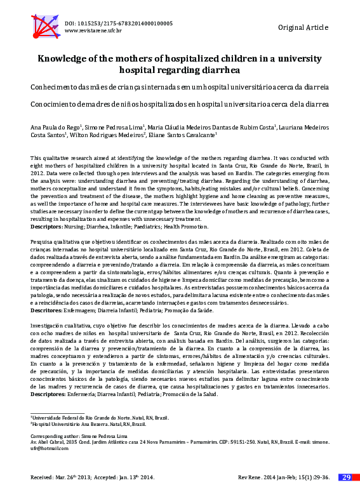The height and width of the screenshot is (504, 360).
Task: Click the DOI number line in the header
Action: click(118, 23)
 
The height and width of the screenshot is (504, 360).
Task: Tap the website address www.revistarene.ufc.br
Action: click(93, 30)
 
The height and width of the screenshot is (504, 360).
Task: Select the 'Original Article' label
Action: click(303, 27)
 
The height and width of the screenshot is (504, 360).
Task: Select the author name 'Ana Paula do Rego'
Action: click(55, 127)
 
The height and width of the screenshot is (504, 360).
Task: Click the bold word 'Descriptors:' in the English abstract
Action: click(47, 226)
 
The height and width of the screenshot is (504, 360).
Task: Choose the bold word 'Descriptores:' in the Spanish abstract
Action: click(48, 394)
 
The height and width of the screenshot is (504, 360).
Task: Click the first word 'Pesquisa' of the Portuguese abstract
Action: click(43, 243)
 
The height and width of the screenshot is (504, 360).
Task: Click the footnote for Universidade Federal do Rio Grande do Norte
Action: click(100, 418)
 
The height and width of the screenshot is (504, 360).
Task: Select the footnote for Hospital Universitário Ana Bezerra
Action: click(88, 424)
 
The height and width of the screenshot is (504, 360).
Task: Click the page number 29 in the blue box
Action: click(346, 477)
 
